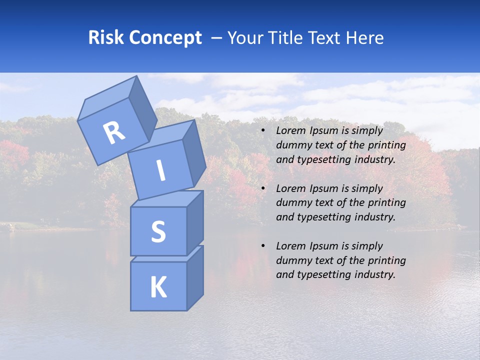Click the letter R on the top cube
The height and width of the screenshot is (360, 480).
point(114,133)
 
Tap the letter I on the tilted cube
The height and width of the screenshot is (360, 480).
point(160,170)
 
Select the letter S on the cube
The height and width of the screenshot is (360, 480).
point(158,231)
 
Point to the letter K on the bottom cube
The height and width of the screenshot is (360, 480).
point(158,287)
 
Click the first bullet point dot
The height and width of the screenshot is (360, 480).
point(263,131)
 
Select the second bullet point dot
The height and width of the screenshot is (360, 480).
point(263,189)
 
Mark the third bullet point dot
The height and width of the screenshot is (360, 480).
point(263,246)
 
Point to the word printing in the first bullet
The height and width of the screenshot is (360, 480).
point(387,145)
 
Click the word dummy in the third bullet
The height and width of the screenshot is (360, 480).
point(291,260)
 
